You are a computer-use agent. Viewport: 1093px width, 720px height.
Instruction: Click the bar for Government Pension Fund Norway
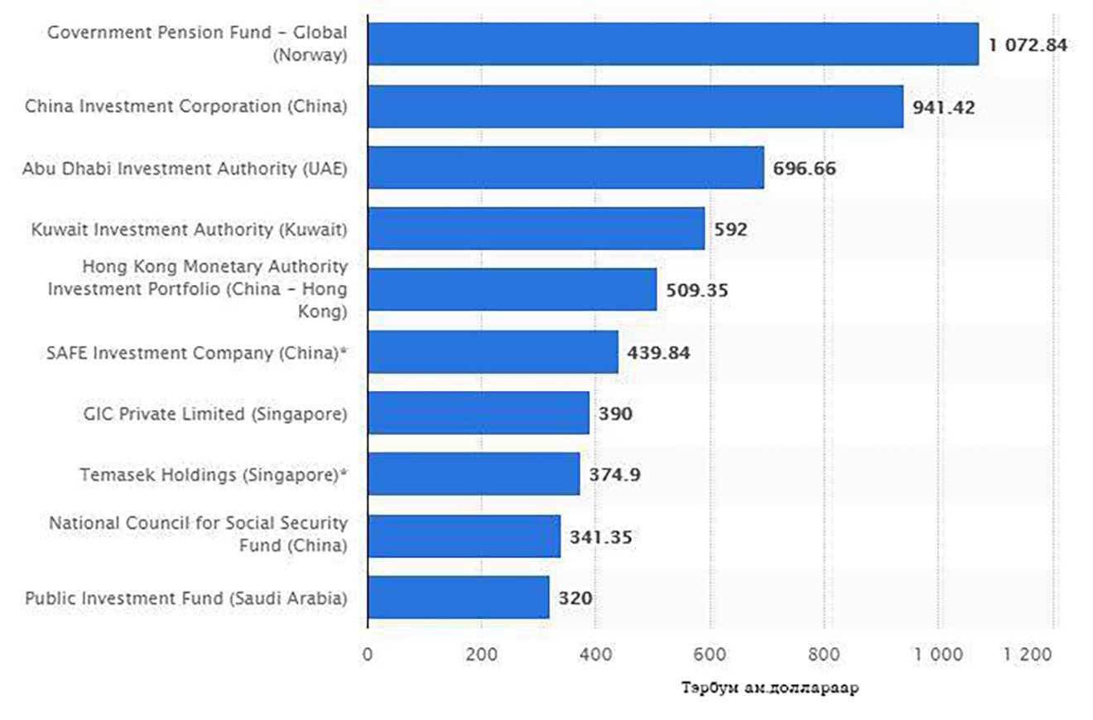pyautogui.click(x=672, y=44)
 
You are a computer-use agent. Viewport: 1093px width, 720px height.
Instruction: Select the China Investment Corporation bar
pyautogui.click(x=635, y=106)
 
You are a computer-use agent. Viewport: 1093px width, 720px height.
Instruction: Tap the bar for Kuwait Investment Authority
pyautogui.click(x=536, y=229)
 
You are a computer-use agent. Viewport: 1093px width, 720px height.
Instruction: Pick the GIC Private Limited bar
pyautogui.click(x=479, y=413)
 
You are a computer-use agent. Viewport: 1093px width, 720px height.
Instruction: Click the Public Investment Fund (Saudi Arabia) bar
pyautogui.click(x=459, y=597)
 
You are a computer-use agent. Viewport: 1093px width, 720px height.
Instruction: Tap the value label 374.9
pyautogui.click(x=615, y=475)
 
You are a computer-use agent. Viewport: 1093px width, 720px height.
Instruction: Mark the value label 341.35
pyautogui.click(x=600, y=537)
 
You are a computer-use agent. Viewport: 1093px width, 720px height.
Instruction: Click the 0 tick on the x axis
pyautogui.click(x=368, y=654)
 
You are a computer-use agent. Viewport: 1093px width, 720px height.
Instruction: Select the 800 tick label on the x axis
pyautogui.click(x=824, y=654)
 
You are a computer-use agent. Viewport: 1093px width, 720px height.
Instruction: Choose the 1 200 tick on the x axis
pyautogui.click(x=1029, y=654)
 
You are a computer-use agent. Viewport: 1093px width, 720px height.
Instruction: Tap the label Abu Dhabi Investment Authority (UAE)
pyautogui.click(x=185, y=168)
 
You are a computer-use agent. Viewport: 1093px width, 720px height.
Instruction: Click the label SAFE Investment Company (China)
pyautogui.click(x=196, y=352)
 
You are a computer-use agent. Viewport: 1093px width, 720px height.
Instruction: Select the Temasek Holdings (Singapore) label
pyautogui.click(x=213, y=475)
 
